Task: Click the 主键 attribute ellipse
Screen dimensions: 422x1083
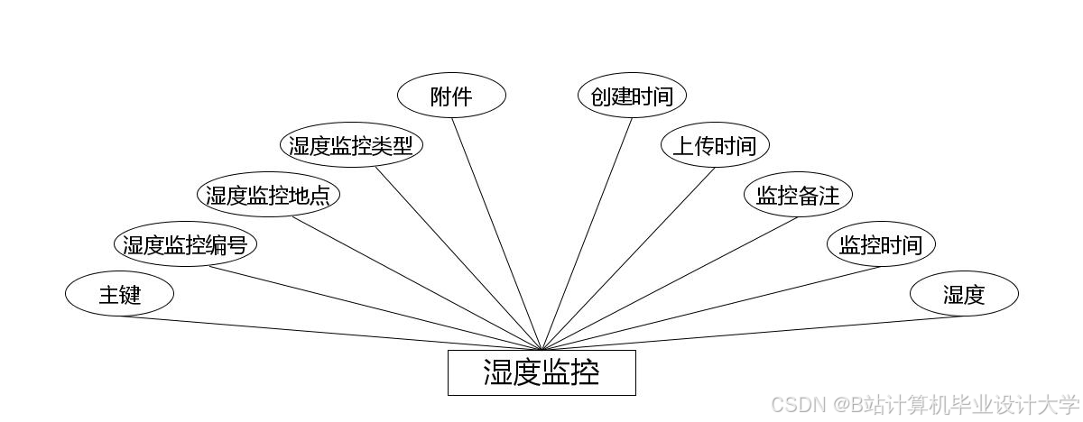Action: pyautogui.click(x=119, y=294)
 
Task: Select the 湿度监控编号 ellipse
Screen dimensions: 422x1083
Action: pyautogui.click(x=185, y=244)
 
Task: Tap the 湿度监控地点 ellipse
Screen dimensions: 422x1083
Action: pyautogui.click(x=268, y=195)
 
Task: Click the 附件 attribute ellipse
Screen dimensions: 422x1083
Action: pyautogui.click(x=451, y=96)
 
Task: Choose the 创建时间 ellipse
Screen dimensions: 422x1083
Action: pyautogui.click(x=632, y=96)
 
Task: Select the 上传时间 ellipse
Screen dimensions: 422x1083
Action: pyautogui.click(x=715, y=145)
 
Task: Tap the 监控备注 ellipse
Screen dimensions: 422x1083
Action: pyautogui.click(x=798, y=195)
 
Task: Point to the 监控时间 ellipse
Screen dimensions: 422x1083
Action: pyautogui.click(x=881, y=244)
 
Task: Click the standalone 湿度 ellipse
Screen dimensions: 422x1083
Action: pyautogui.click(x=964, y=294)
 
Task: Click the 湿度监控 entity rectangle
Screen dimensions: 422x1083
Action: pyautogui.click(x=541, y=372)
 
